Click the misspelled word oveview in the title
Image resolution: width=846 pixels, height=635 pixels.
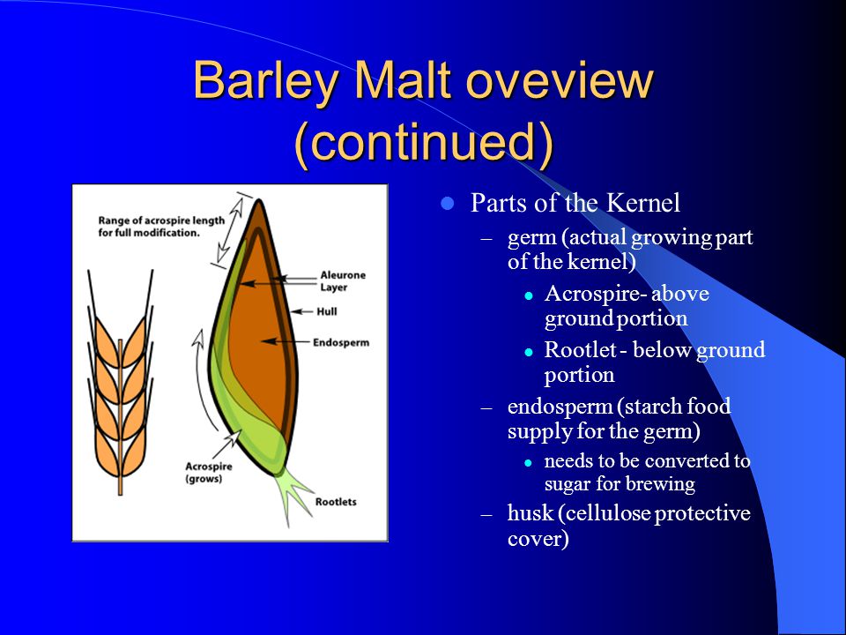pos(560,81)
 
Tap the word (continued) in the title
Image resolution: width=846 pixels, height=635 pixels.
pos(424,141)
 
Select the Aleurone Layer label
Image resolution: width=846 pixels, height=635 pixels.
pos(343,280)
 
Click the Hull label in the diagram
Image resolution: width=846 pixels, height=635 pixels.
pos(326,311)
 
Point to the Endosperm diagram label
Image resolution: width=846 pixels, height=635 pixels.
pos(341,342)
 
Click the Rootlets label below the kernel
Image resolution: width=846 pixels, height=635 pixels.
pos(336,502)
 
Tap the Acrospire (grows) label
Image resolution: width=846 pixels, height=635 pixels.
pos(208,473)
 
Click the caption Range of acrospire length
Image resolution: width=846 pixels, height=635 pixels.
pos(160,220)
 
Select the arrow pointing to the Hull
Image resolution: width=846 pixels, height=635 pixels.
pos(301,311)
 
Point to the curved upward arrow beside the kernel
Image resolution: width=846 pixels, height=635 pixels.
pos(201,378)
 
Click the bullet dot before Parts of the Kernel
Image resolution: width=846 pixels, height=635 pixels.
pos(447,204)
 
